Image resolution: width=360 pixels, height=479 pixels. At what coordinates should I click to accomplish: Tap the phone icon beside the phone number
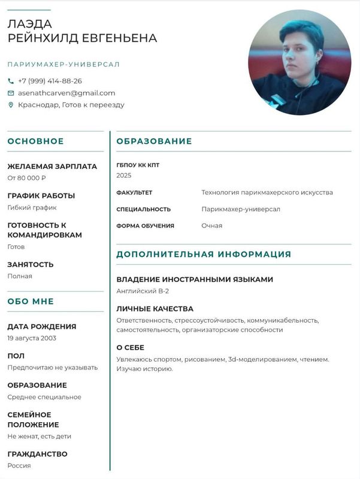pyautogui.click(x=11, y=81)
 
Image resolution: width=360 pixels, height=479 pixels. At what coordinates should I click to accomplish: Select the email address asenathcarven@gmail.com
pyautogui.click(x=66, y=93)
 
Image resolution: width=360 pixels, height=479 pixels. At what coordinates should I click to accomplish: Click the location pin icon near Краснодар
pyautogui.click(x=11, y=105)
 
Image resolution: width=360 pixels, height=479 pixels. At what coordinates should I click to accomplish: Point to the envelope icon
pyautogui.click(x=11, y=93)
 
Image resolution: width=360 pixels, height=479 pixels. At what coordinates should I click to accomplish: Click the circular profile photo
pyautogui.click(x=300, y=63)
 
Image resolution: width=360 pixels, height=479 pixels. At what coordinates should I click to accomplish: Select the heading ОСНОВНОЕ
pyautogui.click(x=35, y=141)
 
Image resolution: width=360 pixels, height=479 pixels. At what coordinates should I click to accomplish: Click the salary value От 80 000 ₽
pyautogui.click(x=27, y=178)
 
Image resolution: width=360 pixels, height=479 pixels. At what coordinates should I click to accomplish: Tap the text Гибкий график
pyautogui.click(x=32, y=208)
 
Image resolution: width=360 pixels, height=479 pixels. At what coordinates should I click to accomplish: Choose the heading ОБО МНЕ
pyautogui.click(x=31, y=301)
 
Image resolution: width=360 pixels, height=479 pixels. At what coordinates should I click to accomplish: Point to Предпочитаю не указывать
pyautogui.click(x=52, y=367)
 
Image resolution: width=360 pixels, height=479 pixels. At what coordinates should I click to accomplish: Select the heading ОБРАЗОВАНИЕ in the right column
pyautogui.click(x=154, y=141)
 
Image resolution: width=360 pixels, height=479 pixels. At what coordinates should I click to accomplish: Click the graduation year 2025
pyautogui.click(x=124, y=175)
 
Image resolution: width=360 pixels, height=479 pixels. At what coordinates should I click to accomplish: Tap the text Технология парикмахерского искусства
pyautogui.click(x=267, y=192)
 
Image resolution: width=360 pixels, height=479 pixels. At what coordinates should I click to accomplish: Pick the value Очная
pyautogui.click(x=211, y=226)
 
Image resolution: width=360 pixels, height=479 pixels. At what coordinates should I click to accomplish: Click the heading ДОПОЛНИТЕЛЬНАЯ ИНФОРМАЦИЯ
pyautogui.click(x=204, y=254)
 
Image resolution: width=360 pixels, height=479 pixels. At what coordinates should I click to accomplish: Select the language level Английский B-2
pyautogui.click(x=143, y=291)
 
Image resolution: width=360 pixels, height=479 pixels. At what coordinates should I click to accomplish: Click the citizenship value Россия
pyautogui.click(x=19, y=465)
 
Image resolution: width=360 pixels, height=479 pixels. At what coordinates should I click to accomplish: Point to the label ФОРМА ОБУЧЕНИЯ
pyautogui.click(x=145, y=226)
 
